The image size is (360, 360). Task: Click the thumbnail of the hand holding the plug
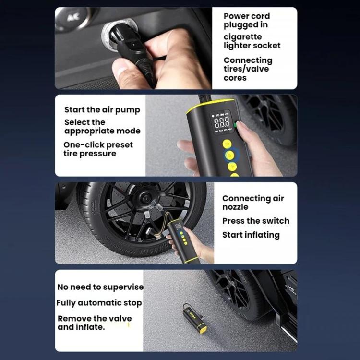click(x=133, y=48)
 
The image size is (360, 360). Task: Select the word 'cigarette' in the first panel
click(x=243, y=37)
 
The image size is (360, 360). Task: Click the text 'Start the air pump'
click(x=102, y=110)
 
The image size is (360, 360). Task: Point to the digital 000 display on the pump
click(x=222, y=122)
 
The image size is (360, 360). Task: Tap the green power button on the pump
click(x=235, y=125)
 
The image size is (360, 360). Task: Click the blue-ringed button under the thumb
click(x=229, y=155)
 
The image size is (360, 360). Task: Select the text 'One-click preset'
click(x=98, y=145)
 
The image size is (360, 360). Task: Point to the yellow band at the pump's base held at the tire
click(x=191, y=260)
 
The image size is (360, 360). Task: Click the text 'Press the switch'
click(x=256, y=221)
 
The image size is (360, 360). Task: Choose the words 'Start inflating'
click(x=251, y=235)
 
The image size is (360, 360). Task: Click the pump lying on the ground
click(x=195, y=318)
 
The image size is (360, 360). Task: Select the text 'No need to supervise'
click(x=100, y=287)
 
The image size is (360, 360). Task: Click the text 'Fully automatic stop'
click(x=99, y=303)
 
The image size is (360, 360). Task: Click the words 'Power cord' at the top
click(x=247, y=16)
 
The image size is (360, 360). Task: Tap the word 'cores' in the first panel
click(x=235, y=78)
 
